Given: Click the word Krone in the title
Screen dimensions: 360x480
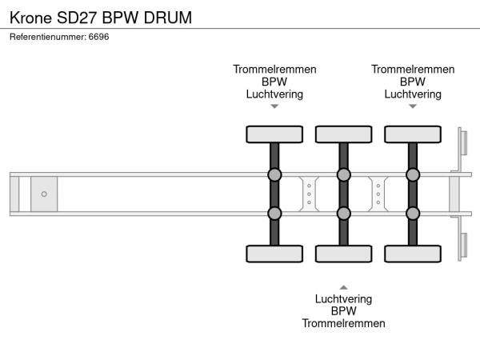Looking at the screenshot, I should pos(31,17).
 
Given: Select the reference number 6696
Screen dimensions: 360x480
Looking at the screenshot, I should pos(98,37).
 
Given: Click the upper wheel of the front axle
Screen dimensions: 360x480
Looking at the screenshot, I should pos(274,134).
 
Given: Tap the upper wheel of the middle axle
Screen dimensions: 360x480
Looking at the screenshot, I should pos(343,134).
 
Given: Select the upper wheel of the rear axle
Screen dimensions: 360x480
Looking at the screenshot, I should pos(413,134).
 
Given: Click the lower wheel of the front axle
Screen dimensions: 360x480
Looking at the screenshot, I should pos(274,254).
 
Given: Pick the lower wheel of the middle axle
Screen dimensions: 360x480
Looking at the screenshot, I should pos(343,254).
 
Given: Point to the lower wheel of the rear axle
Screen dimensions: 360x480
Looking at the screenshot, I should pos(413,254).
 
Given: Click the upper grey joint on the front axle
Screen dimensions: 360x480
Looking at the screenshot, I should pos(274,174).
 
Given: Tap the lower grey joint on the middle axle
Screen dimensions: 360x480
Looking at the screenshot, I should pos(343,213).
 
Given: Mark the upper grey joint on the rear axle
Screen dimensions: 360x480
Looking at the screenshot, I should pos(413,174).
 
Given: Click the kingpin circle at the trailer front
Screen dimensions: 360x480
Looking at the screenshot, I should pos(44,194).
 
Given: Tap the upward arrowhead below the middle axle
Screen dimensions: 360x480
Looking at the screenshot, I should pos(343,286).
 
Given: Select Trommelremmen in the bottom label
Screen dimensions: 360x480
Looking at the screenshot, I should pos(343,323).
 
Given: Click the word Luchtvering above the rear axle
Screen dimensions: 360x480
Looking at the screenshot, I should pos(413,94).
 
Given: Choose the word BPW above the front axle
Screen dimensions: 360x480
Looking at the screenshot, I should pos(274,82).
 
